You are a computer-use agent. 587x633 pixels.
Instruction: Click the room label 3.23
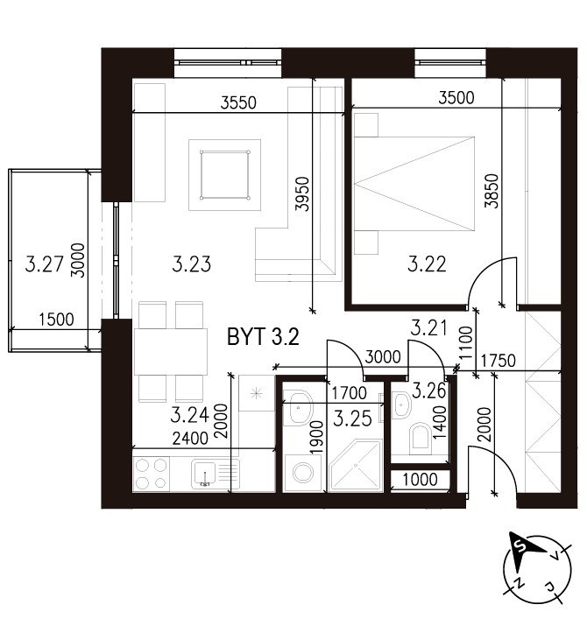[x=191, y=264]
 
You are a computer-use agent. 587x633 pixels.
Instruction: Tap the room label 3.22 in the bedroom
[x=427, y=264]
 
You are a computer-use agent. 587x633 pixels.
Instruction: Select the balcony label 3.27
[x=44, y=264]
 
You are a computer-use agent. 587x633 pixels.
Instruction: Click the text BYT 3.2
[x=263, y=337]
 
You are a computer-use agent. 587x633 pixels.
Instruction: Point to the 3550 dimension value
[x=238, y=103]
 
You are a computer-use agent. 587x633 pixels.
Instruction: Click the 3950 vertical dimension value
[x=302, y=193]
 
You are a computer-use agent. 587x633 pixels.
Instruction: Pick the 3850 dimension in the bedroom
[x=492, y=191]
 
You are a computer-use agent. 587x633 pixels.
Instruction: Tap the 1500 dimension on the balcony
[x=57, y=320]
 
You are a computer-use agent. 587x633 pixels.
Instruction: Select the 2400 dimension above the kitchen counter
[x=190, y=439]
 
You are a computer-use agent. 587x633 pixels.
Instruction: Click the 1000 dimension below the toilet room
[x=421, y=480]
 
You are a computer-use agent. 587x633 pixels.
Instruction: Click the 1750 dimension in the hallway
[x=499, y=361]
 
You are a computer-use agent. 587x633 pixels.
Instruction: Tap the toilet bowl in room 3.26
[x=421, y=438]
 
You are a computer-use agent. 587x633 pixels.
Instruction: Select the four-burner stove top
[x=152, y=475]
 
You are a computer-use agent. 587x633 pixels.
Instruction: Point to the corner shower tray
[x=356, y=466]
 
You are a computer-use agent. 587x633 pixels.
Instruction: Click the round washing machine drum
[x=302, y=473]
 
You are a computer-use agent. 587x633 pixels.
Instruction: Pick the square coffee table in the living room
[x=224, y=175]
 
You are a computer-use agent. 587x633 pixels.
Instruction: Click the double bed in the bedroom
[x=414, y=184]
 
